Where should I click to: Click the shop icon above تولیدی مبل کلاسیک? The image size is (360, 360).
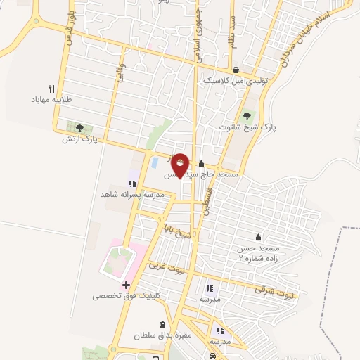click(x=236, y=70)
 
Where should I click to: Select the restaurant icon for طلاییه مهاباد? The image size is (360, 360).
click(x=51, y=89)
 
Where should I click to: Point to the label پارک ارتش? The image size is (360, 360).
click(x=78, y=139)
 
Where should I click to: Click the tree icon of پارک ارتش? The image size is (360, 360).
click(x=79, y=128)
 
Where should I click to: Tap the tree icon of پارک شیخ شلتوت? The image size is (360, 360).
click(x=246, y=116)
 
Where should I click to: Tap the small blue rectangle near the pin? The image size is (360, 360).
click(x=154, y=163)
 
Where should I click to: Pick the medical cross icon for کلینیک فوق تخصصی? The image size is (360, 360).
click(x=126, y=285)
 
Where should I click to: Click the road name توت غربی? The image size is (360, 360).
click(x=165, y=268)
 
